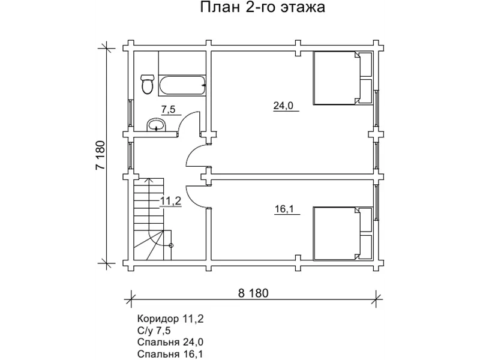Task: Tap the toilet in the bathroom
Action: (x=146, y=84)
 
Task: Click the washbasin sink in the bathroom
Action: (x=158, y=125)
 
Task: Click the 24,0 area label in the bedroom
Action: (x=283, y=106)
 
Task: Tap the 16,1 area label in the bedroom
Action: (x=283, y=209)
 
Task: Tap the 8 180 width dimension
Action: (x=253, y=293)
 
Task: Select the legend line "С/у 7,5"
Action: (x=154, y=330)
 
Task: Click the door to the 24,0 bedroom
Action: (x=197, y=157)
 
